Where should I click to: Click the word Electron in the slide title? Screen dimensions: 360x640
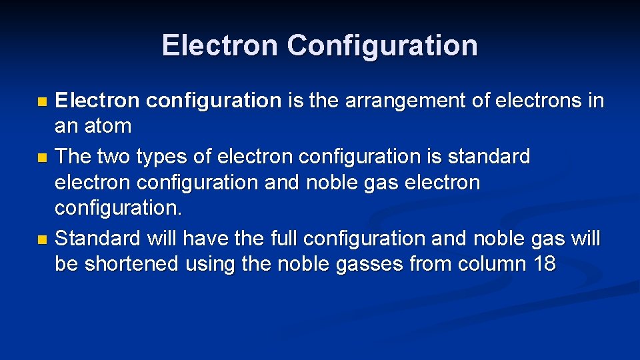(x=219, y=46)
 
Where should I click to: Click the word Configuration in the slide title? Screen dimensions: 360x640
(x=383, y=46)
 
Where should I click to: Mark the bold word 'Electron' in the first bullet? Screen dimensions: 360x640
(x=97, y=101)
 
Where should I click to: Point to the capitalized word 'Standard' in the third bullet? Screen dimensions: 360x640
(x=98, y=238)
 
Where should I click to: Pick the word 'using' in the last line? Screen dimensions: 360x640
(x=211, y=265)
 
